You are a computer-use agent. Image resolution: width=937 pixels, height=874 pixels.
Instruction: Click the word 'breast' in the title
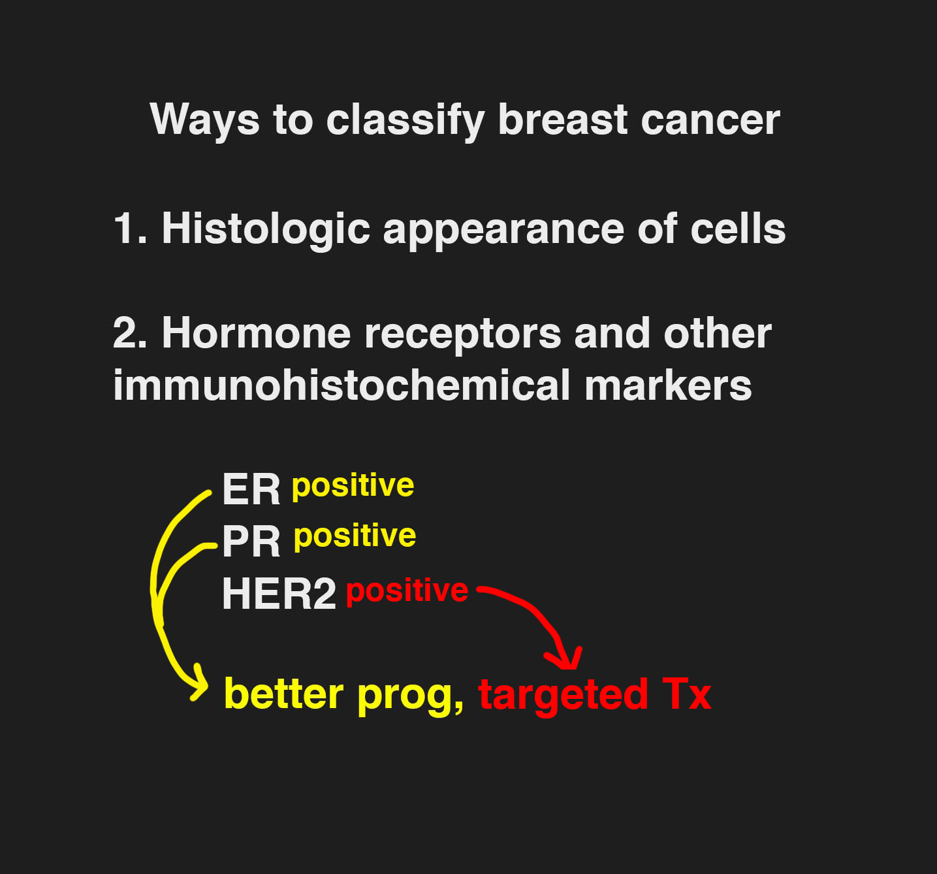562,120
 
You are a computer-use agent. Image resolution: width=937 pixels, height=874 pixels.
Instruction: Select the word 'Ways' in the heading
205,121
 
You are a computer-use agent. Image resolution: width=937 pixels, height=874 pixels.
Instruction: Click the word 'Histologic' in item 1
266,229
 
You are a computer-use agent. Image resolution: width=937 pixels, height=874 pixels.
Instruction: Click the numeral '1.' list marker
130,229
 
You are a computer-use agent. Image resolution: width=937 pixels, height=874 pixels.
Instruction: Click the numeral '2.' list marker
130,333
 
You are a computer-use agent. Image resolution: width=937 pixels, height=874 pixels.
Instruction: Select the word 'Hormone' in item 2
256,333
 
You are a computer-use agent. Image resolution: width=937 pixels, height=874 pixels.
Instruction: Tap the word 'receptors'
462,336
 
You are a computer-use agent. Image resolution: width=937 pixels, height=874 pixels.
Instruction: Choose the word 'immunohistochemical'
341,385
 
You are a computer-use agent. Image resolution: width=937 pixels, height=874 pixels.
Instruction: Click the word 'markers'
667,385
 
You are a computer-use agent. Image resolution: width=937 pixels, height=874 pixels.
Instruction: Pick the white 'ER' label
251,490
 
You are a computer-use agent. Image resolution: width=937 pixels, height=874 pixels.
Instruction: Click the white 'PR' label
251,542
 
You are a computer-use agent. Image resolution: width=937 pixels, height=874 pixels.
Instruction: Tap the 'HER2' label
279,594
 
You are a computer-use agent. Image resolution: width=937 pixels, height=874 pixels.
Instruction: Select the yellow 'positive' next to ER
353,487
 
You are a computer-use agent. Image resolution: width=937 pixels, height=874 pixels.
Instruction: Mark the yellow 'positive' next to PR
355,537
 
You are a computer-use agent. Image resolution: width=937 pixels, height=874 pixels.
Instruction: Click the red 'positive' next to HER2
407,592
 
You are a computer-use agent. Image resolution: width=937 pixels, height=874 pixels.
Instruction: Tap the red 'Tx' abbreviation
686,694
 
